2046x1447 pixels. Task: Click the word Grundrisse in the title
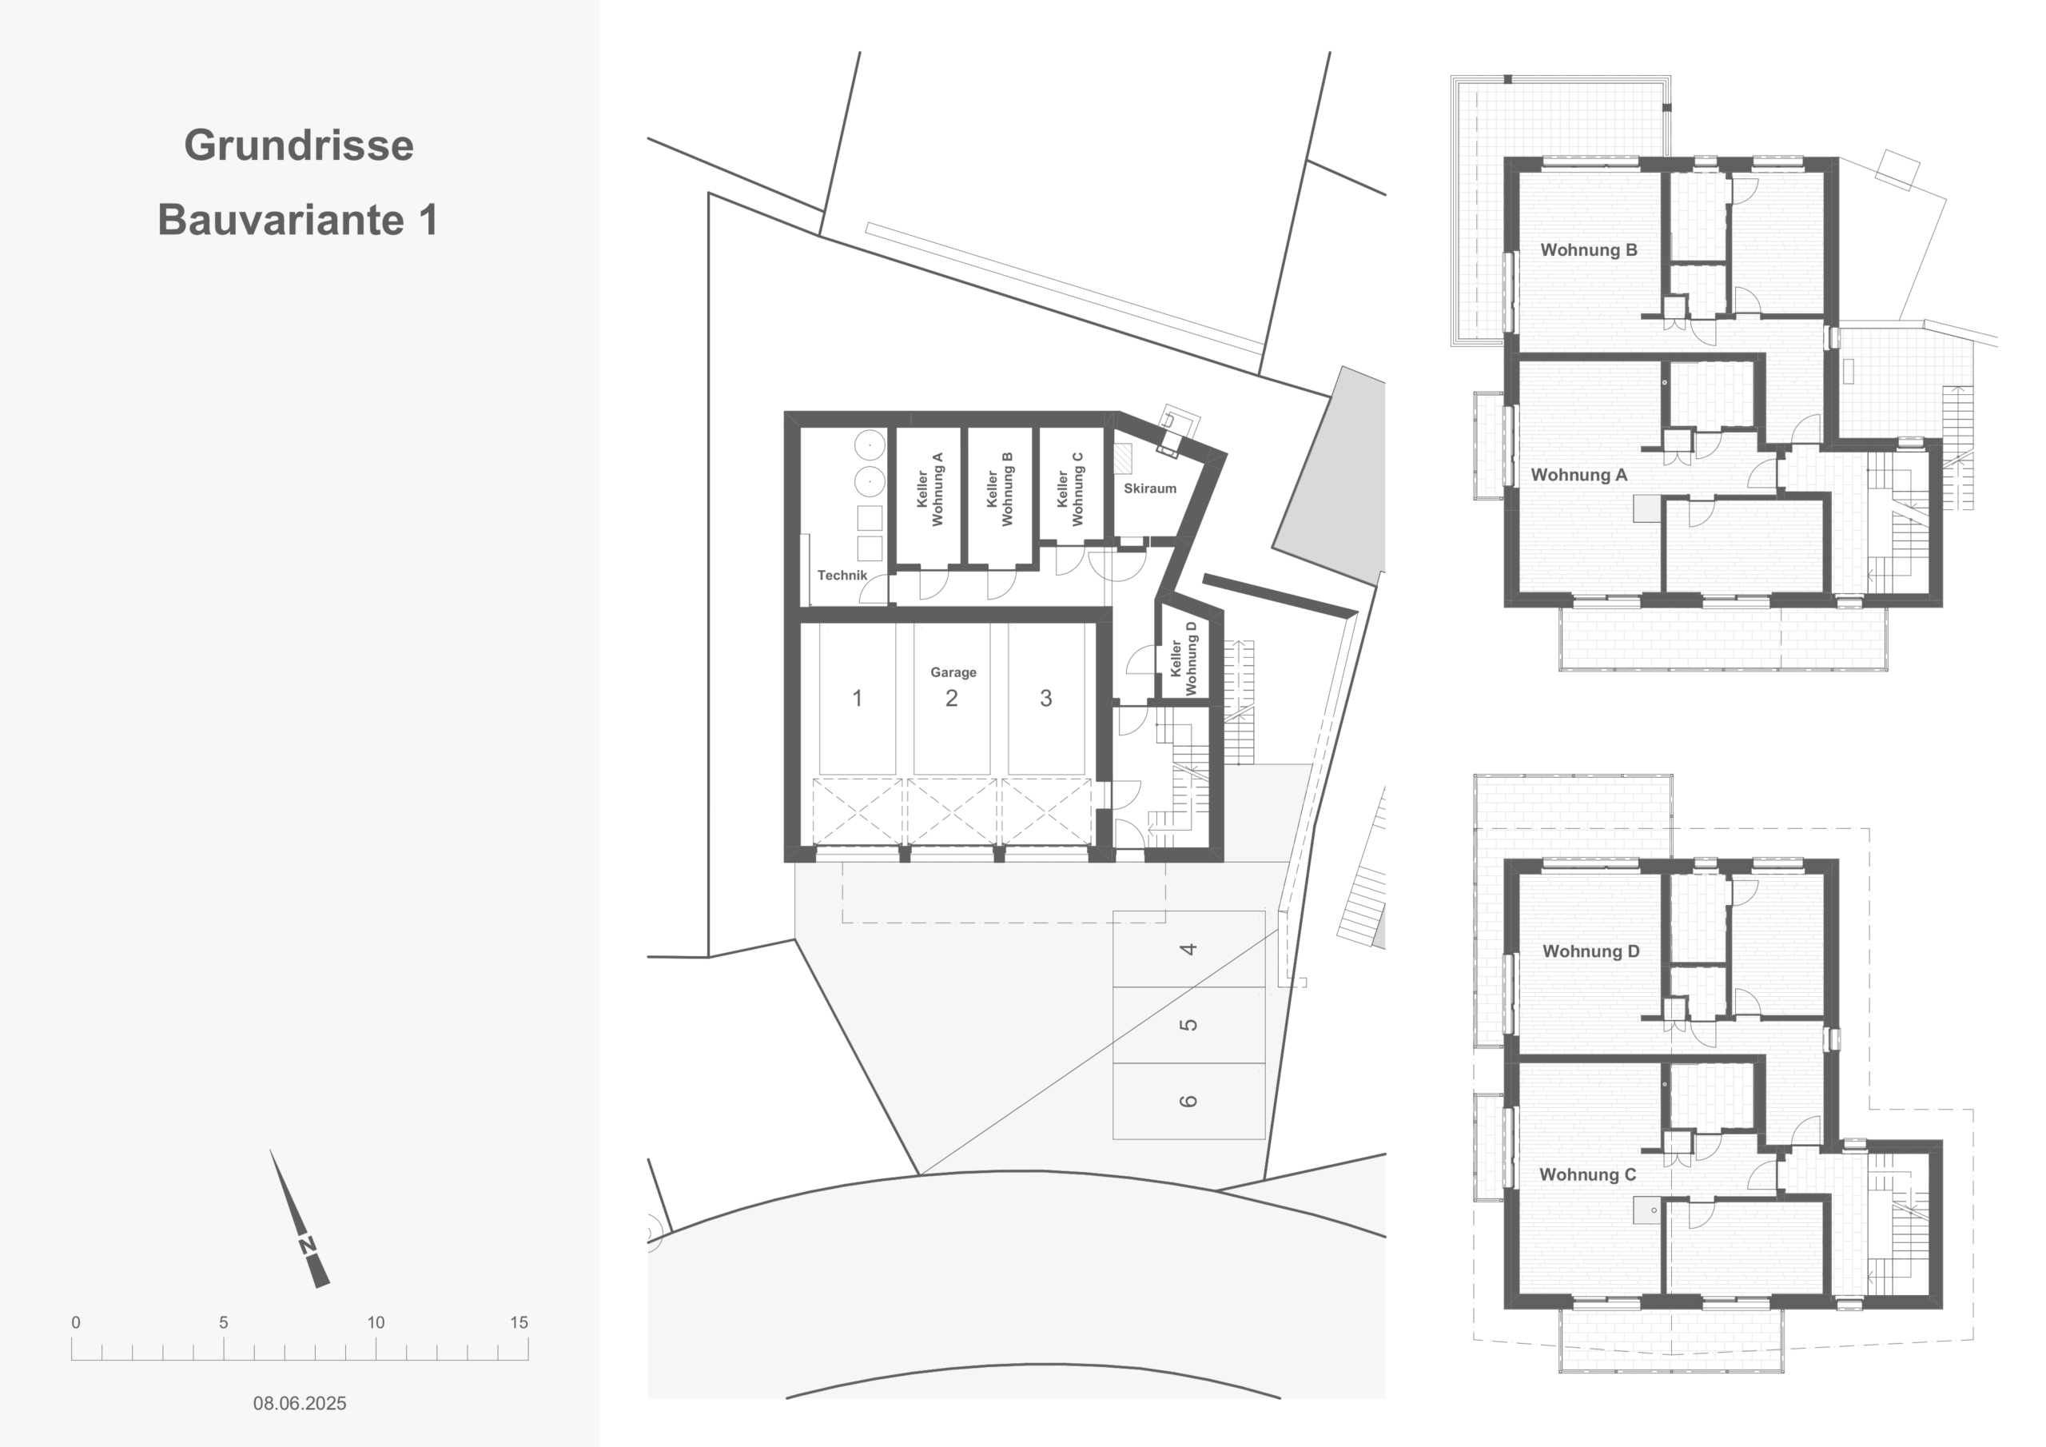point(299,145)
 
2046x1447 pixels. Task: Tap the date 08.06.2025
point(300,1402)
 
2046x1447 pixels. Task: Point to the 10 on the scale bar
point(376,1322)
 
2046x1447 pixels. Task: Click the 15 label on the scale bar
point(519,1322)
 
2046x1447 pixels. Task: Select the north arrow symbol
point(301,1219)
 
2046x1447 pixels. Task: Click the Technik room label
point(842,575)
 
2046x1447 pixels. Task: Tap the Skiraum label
point(1149,488)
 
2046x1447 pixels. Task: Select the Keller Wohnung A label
point(929,489)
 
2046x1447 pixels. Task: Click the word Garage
point(953,672)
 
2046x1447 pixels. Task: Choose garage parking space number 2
point(952,698)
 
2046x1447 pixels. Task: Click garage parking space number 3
point(1046,698)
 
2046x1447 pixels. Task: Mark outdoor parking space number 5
point(1188,1024)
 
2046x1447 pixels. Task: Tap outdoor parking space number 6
point(1188,1101)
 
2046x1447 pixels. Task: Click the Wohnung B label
point(1589,249)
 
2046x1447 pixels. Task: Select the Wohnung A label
point(1579,475)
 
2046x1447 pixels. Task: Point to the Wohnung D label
point(1590,951)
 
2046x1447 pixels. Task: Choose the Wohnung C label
point(1588,1175)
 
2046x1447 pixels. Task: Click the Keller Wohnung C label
point(1070,489)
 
